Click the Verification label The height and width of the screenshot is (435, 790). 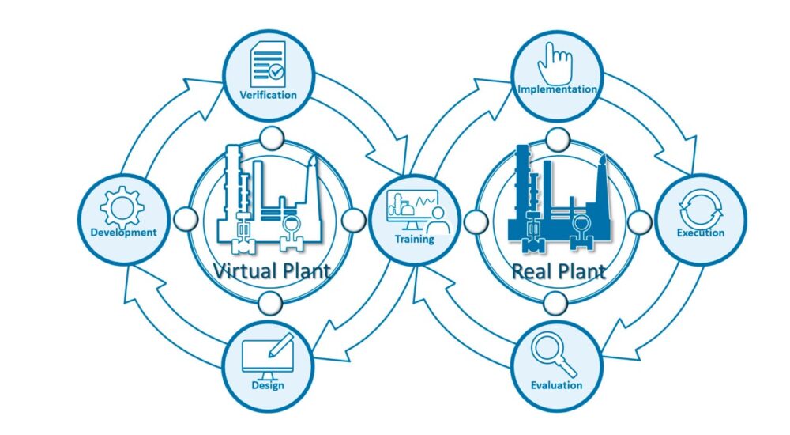click(269, 95)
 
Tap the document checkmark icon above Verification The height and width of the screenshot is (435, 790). click(268, 66)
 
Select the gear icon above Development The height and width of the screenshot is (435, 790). click(123, 207)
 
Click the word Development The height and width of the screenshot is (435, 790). click(123, 233)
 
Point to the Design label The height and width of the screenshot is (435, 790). click(269, 386)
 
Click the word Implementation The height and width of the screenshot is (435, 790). click(557, 89)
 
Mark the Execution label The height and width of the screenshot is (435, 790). click(701, 233)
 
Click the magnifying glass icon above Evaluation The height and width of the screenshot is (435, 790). click(553, 354)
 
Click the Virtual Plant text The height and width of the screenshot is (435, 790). click(271, 271)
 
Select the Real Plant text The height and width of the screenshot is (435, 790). click(559, 271)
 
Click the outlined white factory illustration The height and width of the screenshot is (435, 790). click(269, 202)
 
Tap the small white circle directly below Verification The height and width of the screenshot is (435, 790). click(270, 138)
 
